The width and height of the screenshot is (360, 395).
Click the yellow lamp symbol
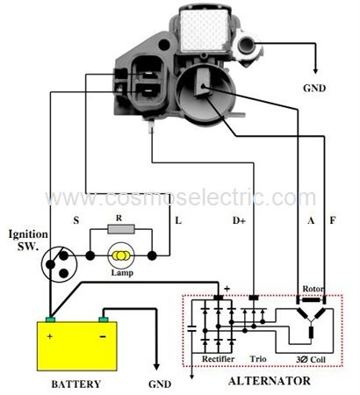[121, 255]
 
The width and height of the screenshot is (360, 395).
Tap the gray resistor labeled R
[121, 229]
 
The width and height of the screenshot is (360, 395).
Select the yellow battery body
[77, 346]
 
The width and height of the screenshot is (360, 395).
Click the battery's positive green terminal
[50, 320]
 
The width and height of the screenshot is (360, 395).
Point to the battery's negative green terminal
[104, 320]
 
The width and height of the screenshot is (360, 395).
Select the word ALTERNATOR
[269, 381]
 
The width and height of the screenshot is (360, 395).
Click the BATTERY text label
[76, 384]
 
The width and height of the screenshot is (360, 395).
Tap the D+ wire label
[239, 220]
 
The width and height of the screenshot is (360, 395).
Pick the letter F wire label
[333, 220]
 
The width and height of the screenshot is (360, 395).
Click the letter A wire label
[311, 220]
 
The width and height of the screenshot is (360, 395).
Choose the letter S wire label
[76, 220]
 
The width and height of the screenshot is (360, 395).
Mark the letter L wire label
[178, 220]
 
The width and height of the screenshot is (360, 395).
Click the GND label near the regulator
[314, 88]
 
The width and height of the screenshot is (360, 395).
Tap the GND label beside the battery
[160, 384]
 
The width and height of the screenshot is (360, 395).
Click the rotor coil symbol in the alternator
[311, 300]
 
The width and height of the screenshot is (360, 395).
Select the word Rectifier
[218, 359]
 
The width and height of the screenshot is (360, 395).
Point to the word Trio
[258, 359]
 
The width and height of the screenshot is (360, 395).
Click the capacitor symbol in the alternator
[191, 329]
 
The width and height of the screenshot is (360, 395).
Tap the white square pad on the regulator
[204, 29]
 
